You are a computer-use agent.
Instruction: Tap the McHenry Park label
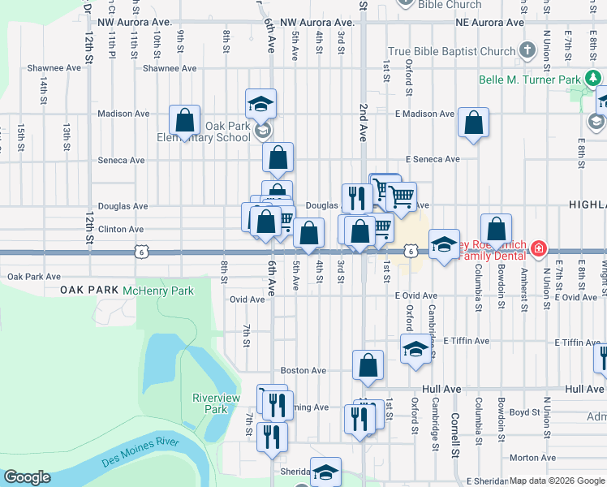coord(158,290)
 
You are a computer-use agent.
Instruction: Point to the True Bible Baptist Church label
coord(451,51)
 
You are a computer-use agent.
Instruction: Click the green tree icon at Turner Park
coord(594,78)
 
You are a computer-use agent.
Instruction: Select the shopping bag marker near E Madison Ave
coord(473,123)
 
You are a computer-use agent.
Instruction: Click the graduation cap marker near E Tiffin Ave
coord(415,349)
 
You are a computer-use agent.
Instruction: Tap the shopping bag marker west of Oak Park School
coord(185,121)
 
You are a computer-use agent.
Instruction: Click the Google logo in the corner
coord(27,478)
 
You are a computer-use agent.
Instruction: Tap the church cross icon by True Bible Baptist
coord(527,50)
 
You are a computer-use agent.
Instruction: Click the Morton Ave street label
coord(532,458)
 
